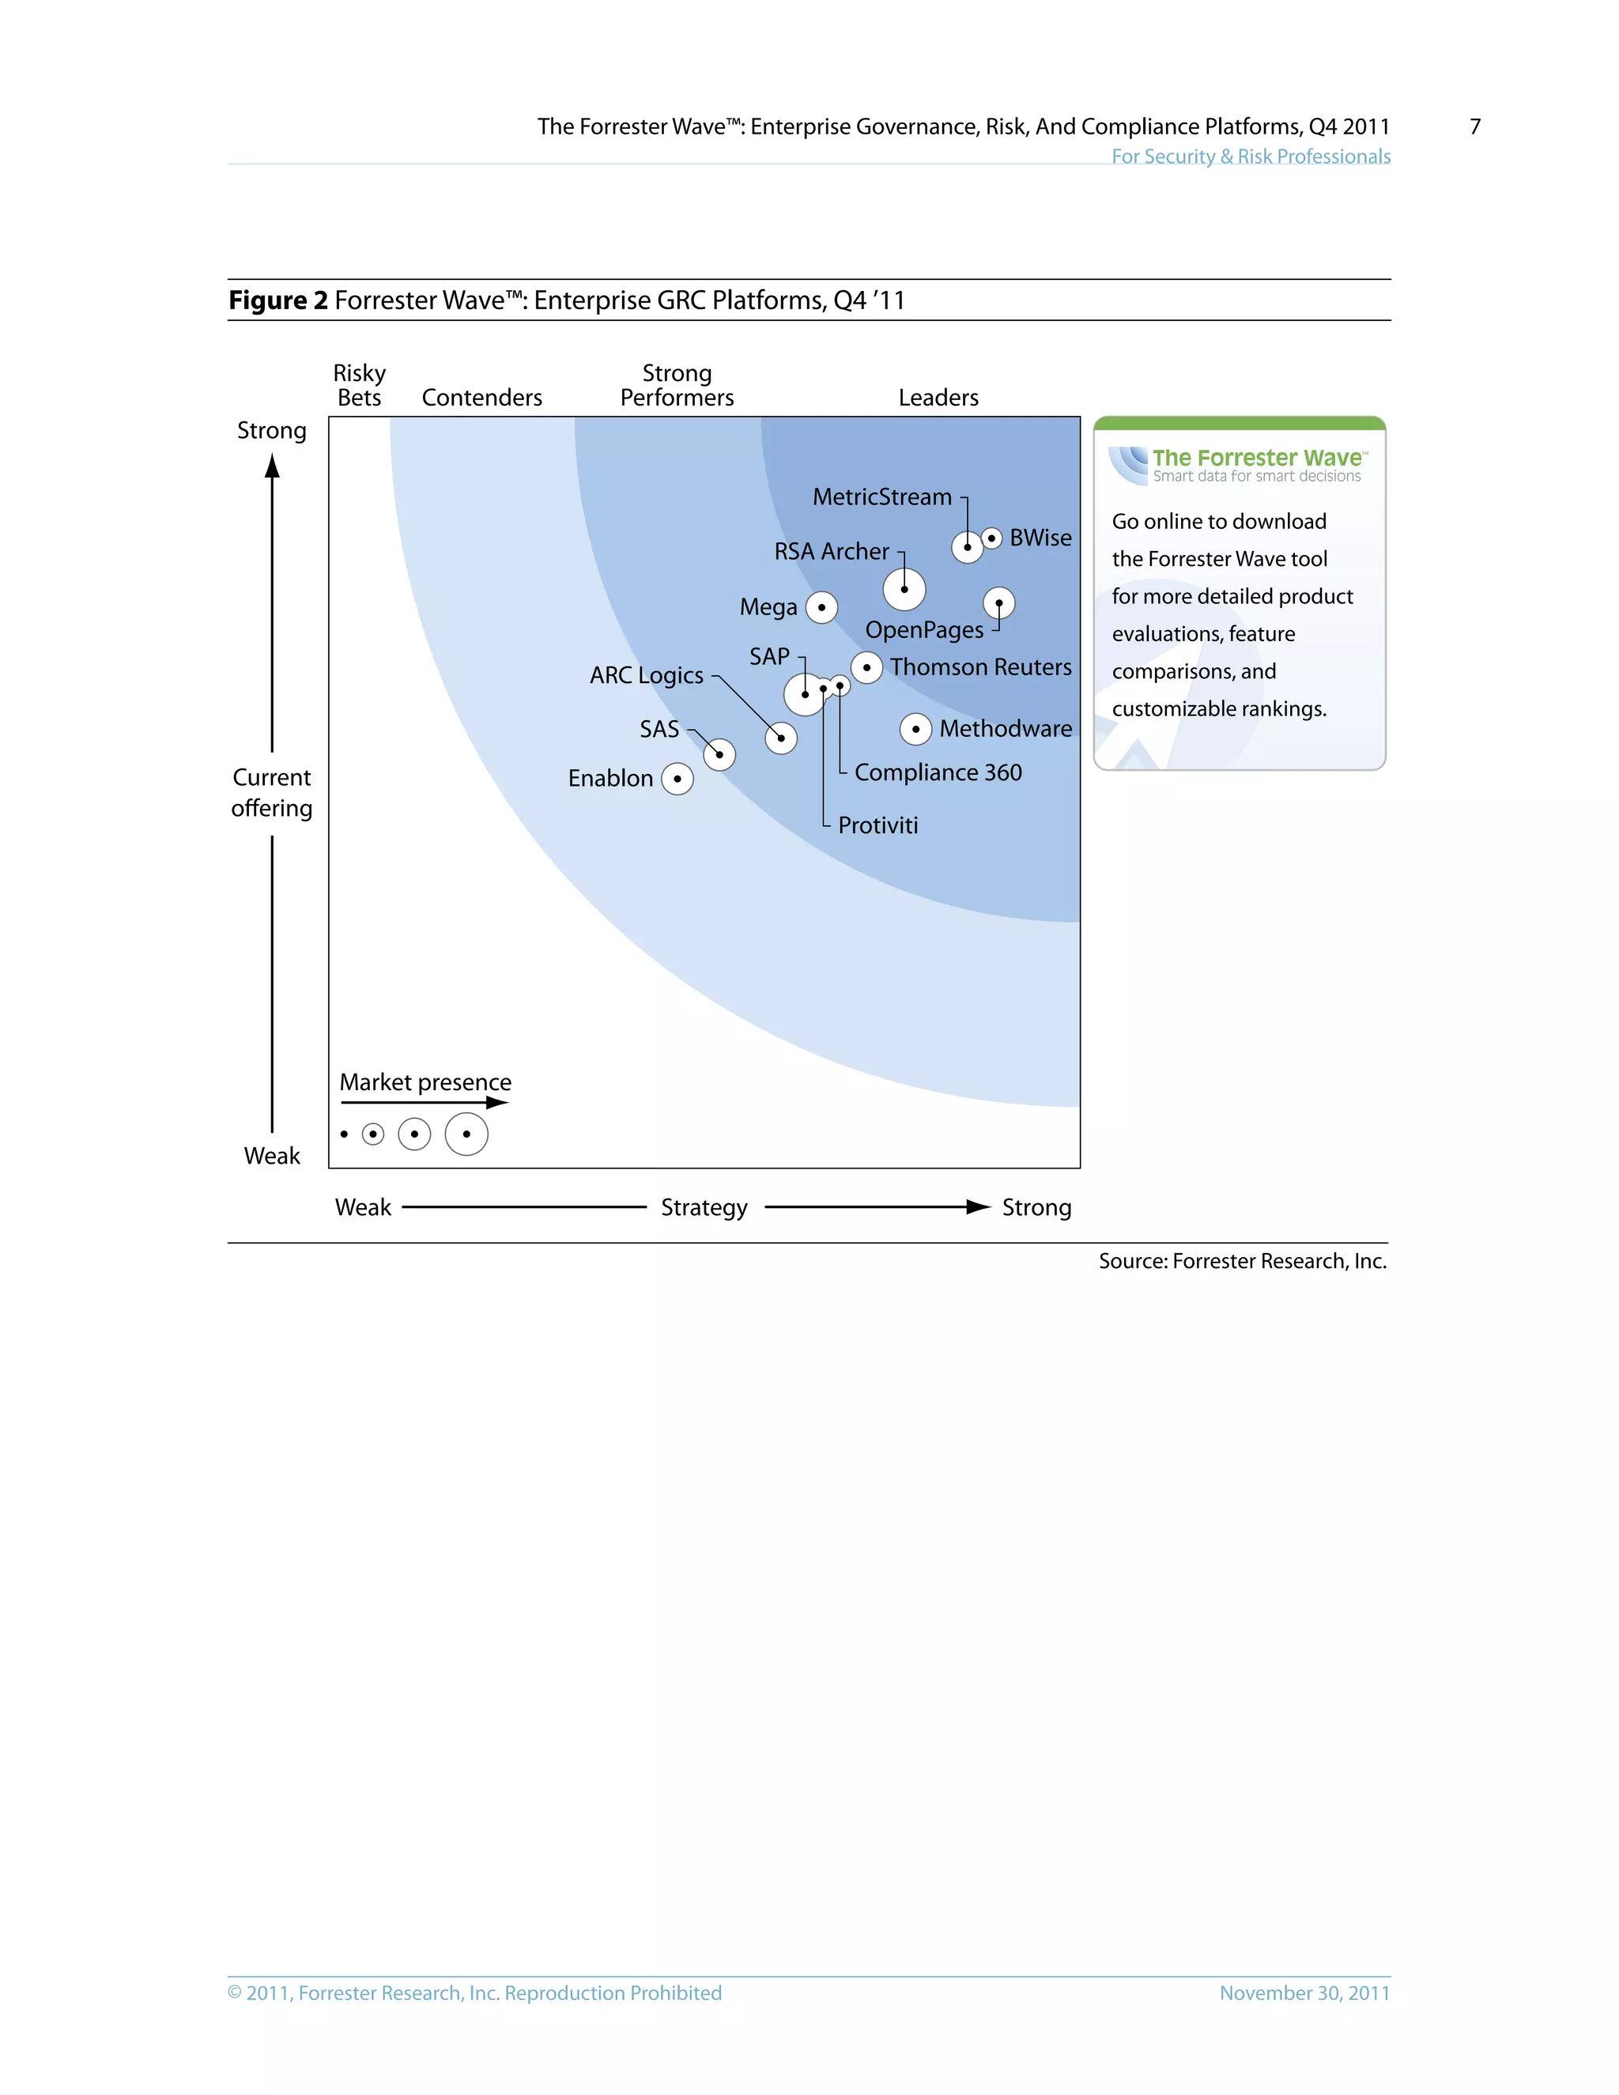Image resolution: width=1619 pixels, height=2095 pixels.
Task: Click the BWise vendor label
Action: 1040,538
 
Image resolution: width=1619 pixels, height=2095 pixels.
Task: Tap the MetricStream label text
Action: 881,497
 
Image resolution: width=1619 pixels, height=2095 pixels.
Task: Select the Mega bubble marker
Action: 821,607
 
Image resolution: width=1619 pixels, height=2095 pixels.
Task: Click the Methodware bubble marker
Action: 915,729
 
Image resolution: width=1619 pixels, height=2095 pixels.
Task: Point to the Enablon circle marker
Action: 677,779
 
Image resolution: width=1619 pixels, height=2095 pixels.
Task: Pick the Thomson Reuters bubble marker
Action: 866,668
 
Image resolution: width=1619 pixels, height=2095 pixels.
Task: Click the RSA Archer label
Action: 831,552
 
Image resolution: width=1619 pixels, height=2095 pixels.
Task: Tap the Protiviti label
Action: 877,826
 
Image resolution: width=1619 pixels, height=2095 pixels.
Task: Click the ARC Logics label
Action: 646,675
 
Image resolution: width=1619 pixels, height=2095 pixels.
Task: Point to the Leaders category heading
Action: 938,398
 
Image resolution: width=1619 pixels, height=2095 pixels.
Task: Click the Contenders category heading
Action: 481,398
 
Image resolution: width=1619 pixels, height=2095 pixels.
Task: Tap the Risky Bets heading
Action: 359,386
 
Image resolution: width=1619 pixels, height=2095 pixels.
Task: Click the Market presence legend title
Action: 425,1083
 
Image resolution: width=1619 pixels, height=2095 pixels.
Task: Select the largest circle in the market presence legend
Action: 466,1134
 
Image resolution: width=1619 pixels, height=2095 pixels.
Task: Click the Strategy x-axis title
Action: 704,1208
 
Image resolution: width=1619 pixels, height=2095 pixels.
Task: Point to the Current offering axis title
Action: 271,793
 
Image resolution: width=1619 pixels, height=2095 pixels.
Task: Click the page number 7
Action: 1474,126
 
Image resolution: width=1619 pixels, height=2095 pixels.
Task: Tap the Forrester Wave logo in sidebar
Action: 1238,464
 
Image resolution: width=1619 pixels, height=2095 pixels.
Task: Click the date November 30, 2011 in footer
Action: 1304,1993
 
